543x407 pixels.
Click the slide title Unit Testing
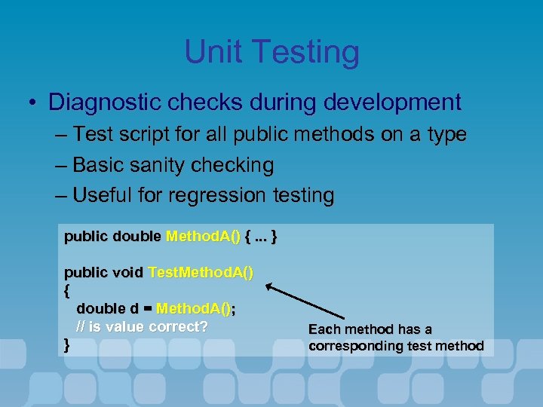pyautogui.click(x=271, y=53)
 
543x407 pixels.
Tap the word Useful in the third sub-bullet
pyautogui.click(x=103, y=195)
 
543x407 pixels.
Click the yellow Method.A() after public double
pyautogui.click(x=202, y=237)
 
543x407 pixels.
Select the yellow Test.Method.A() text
pyautogui.click(x=201, y=272)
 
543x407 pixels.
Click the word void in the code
pyautogui.click(x=127, y=272)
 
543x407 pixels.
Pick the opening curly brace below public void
pyautogui.click(x=68, y=289)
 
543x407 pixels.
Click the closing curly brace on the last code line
pyautogui.click(x=68, y=345)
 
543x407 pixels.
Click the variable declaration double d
pyautogui.click(x=107, y=308)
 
